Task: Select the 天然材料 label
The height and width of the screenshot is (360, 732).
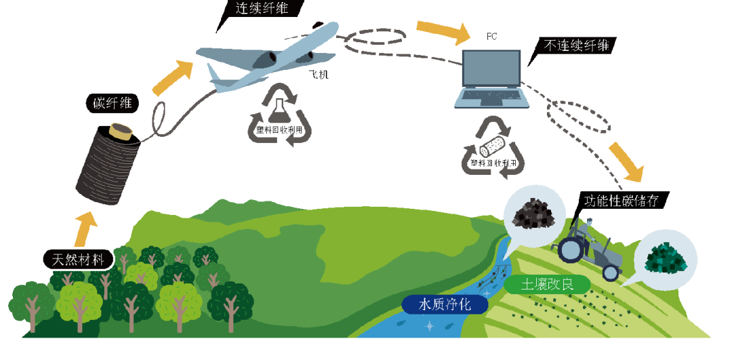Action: (76, 259)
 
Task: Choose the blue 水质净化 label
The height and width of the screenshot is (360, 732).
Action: (445, 303)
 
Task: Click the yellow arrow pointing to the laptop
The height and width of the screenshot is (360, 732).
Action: (444, 30)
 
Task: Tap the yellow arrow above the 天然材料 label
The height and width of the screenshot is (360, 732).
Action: (87, 227)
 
